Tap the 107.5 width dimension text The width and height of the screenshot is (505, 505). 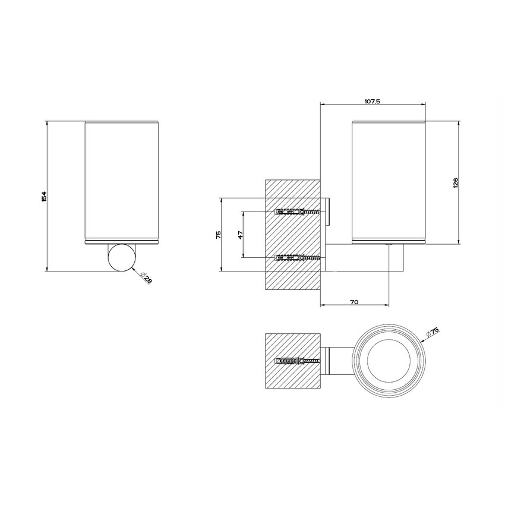(x=372, y=102)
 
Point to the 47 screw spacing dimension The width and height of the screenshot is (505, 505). (x=240, y=235)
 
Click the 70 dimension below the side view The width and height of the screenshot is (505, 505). (x=354, y=302)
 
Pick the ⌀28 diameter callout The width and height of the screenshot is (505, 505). (x=145, y=277)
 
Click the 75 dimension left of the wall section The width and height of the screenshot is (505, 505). (x=218, y=235)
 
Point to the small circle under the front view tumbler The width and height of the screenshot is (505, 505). (x=121, y=257)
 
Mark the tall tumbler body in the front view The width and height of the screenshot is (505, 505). (x=122, y=181)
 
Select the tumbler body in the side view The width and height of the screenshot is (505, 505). (x=390, y=181)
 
